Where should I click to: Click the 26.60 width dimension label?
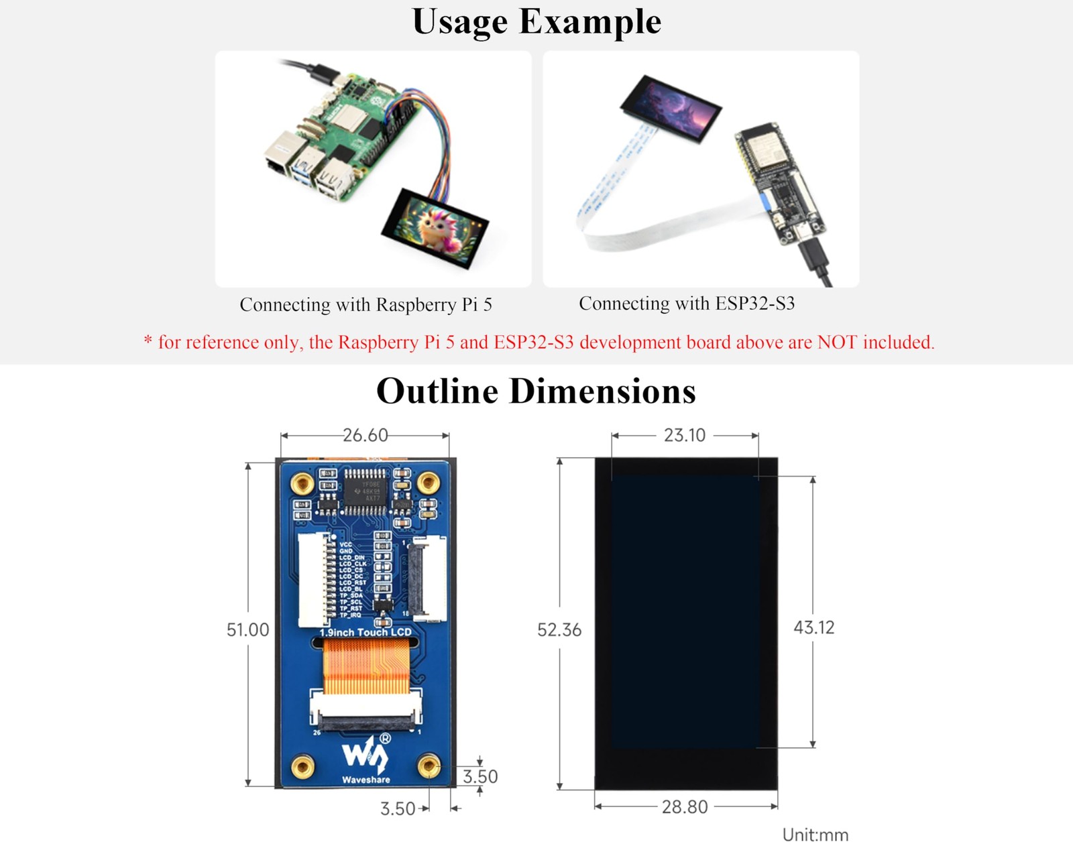[x=365, y=436]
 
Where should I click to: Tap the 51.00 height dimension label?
[x=247, y=630]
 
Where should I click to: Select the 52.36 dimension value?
[x=559, y=630]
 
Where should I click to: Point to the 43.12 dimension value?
[x=813, y=627]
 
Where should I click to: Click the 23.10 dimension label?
[x=684, y=436]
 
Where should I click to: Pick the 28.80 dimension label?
[x=684, y=807]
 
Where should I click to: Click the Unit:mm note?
[x=815, y=835]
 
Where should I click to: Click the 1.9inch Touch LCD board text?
[x=365, y=632]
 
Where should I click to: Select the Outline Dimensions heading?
[x=536, y=391]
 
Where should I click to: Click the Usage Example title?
[x=536, y=21]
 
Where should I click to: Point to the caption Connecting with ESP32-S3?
[x=687, y=304]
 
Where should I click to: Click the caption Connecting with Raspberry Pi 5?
[x=365, y=305]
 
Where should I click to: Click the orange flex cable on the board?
[x=366, y=667]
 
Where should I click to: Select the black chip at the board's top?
[x=365, y=491]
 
